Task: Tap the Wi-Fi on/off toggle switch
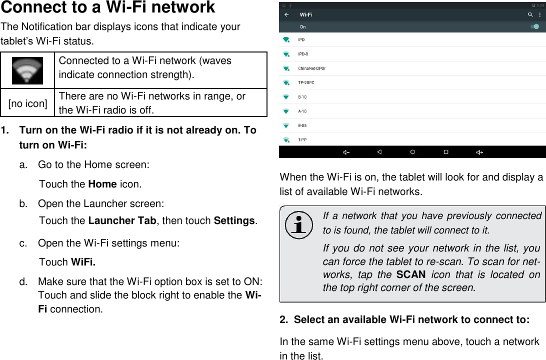coord(534,26)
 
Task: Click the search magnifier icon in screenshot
coord(530,15)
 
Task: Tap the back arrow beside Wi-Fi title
coord(286,15)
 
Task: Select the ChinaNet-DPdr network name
coord(311,68)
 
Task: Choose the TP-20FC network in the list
coord(306,82)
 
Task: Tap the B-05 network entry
coord(302,125)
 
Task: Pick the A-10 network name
coord(302,111)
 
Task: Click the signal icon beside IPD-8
coord(286,54)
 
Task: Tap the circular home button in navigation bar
coord(412,152)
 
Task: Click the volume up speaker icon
coord(479,152)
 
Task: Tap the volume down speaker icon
coord(345,152)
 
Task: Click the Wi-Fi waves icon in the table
coord(27,70)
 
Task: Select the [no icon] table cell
coord(28,103)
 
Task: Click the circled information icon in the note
coord(298,225)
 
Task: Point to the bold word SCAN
coord(410,274)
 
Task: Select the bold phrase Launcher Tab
coord(121,221)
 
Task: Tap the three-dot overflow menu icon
coord(539,15)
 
